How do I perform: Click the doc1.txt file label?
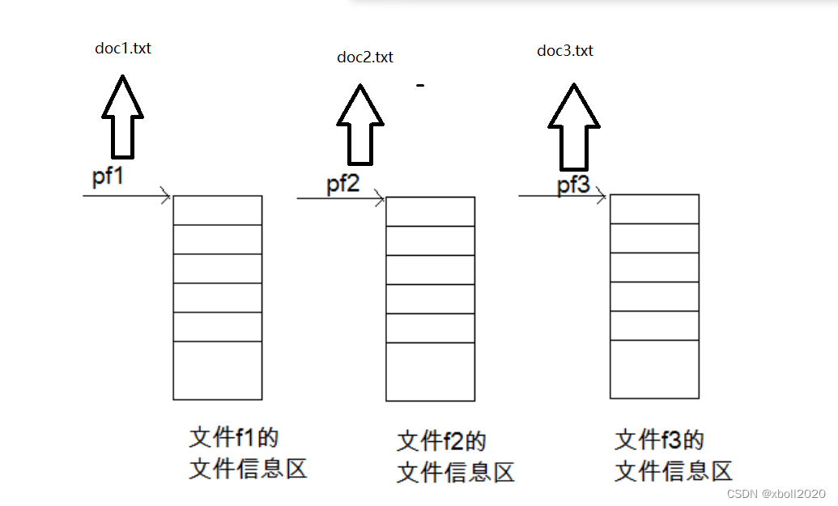123,49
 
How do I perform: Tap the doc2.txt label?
365,57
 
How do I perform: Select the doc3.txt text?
565,51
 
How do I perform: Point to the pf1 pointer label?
108,177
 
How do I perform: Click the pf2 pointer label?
343,184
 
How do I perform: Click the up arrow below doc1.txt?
123,117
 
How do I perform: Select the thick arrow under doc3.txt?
574,121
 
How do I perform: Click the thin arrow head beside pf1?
164,196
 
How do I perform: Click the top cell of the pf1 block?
218,210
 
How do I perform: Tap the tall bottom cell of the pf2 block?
430,372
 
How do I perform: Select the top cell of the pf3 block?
654,209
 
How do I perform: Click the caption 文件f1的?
234,438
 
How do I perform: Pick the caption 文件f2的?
441,442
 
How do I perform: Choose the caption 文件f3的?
660,440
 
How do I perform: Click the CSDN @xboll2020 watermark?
776,494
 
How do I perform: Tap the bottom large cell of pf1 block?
218,370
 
